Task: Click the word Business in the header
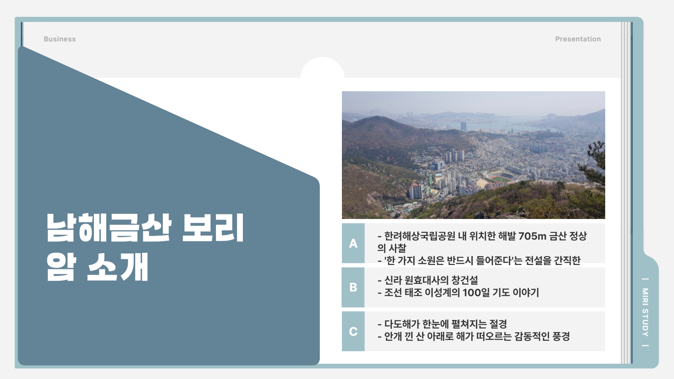point(60,39)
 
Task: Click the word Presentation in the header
point(578,39)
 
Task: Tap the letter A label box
point(353,243)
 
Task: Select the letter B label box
point(353,287)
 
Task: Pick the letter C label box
point(353,331)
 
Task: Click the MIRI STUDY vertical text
point(645,312)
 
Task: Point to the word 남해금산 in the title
point(109,228)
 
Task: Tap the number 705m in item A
point(533,236)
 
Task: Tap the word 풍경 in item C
point(561,337)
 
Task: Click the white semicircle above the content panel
point(322,68)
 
